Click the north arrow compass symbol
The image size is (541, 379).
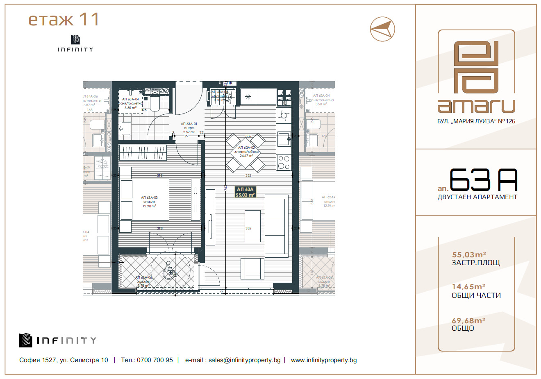point(382,29)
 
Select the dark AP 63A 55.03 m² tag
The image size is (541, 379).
point(245,192)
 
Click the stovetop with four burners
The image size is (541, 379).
point(284,162)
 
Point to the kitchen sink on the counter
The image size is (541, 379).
point(284,139)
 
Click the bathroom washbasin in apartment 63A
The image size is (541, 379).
point(125,128)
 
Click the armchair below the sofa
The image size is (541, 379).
point(252,268)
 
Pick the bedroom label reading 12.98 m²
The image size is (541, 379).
point(149,206)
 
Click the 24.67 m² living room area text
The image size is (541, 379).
point(246,156)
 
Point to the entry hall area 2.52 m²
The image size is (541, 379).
point(189,132)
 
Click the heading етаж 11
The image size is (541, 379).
point(64,19)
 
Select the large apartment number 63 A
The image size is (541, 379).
point(483,180)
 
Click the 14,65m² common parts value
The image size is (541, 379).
point(468,287)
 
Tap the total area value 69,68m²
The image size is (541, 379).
point(468,320)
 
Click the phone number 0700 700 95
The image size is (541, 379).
point(155,360)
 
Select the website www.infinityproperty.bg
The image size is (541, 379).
point(323,360)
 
